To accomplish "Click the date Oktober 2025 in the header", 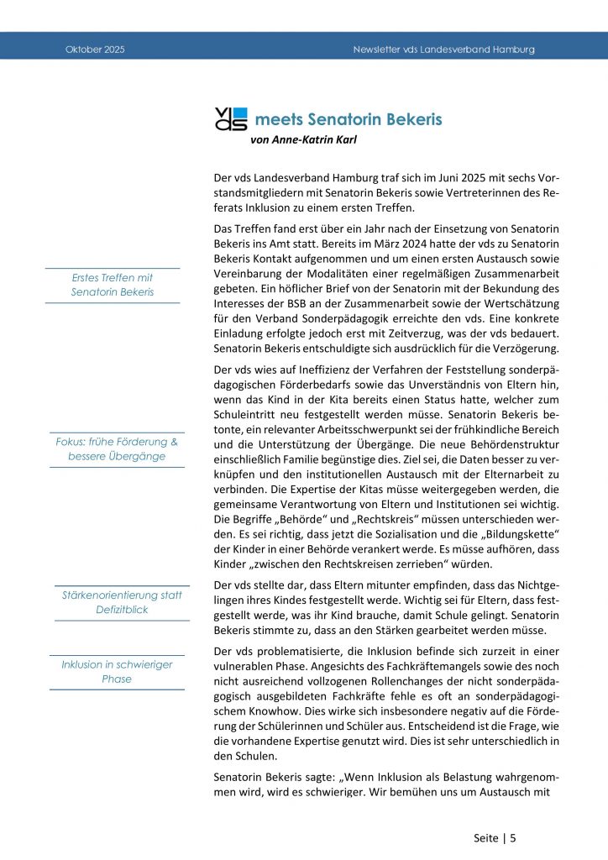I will tap(95, 50).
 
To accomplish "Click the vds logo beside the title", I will tap(231, 119).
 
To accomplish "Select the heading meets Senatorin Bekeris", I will tap(348, 119).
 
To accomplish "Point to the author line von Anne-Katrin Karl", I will tap(303, 139).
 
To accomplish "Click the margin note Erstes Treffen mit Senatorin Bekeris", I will tap(113, 285).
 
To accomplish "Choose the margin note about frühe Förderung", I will tap(117, 448).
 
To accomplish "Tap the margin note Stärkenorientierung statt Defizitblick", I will tap(122, 602).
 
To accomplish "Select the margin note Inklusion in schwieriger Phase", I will tap(117, 672).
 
